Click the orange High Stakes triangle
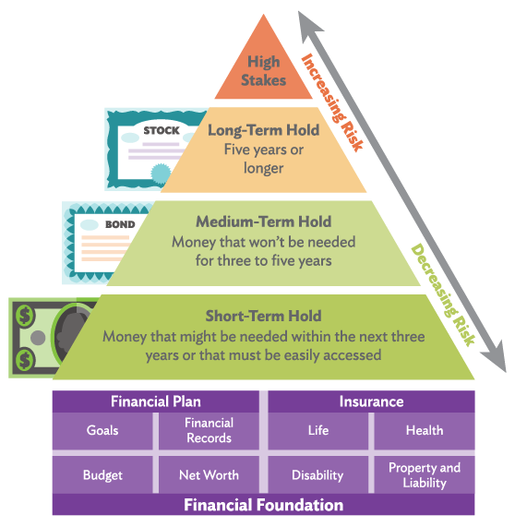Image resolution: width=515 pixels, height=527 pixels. pos(264,67)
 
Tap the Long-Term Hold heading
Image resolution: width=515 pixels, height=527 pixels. pos(264,130)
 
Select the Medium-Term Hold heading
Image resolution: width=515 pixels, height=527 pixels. pos(264,222)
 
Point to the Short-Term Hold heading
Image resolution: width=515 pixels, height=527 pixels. pos(264,316)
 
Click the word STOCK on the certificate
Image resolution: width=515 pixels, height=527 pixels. pos(162,130)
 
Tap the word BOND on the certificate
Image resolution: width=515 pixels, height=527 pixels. pos(120,224)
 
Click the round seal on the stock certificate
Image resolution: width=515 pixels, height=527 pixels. pos(160,174)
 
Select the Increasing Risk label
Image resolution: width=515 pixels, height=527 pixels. pos(332,102)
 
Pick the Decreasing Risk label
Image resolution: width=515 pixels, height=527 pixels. pos(443,294)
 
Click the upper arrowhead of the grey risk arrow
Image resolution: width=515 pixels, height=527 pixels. pos(308,25)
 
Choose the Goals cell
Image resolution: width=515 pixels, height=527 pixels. pos(102,430)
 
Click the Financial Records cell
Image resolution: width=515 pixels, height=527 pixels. pos(209,430)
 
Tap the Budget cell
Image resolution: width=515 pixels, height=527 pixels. pos(102,474)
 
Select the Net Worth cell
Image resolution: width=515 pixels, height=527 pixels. pos(209,474)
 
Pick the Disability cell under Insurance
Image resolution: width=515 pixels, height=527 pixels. pos(318,474)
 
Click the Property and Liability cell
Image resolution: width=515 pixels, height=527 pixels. pos(425,474)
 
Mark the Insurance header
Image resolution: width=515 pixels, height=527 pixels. pos(371,401)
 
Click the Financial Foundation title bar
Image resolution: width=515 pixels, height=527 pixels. pos(264,505)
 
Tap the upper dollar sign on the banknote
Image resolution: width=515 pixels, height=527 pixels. pos(25,316)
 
